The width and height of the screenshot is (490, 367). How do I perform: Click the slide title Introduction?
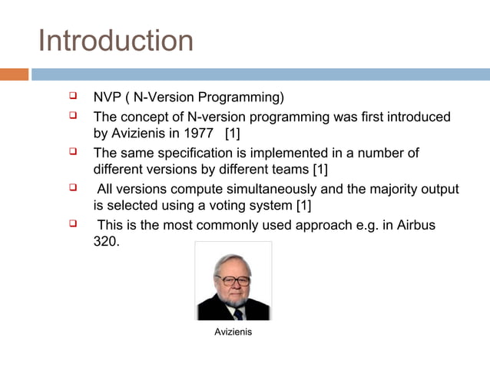tap(115, 40)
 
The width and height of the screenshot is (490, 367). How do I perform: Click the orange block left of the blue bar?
tap(14, 74)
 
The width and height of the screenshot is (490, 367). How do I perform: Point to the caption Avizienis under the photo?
tap(233, 332)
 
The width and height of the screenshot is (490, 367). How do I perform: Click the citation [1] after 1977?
tap(232, 134)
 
